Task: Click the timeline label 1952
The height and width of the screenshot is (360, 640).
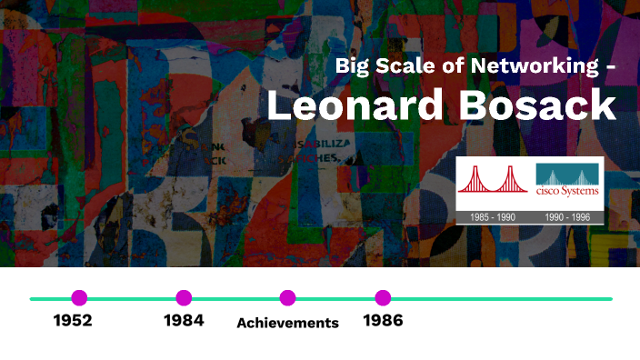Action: [73, 321]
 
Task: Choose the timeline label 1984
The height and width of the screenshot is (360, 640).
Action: [184, 321]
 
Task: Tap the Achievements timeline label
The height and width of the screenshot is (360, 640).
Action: [287, 323]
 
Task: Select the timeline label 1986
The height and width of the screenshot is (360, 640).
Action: [383, 321]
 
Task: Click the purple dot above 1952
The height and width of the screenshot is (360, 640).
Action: [79, 297]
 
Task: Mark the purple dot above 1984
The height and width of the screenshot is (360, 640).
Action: [184, 297]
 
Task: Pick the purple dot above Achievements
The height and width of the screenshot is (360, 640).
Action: [287, 297]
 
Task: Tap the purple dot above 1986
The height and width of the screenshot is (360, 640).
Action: [383, 297]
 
